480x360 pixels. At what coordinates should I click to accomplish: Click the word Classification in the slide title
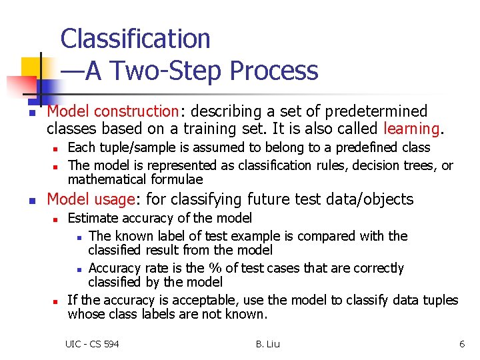tap(135, 39)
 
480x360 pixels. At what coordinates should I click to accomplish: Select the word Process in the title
tap(279, 71)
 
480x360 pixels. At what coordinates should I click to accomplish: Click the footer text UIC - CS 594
tap(92, 344)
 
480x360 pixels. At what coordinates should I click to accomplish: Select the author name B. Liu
tap(267, 344)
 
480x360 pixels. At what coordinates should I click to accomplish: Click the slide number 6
tap(461, 344)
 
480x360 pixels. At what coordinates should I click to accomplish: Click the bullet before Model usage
tap(31, 200)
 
